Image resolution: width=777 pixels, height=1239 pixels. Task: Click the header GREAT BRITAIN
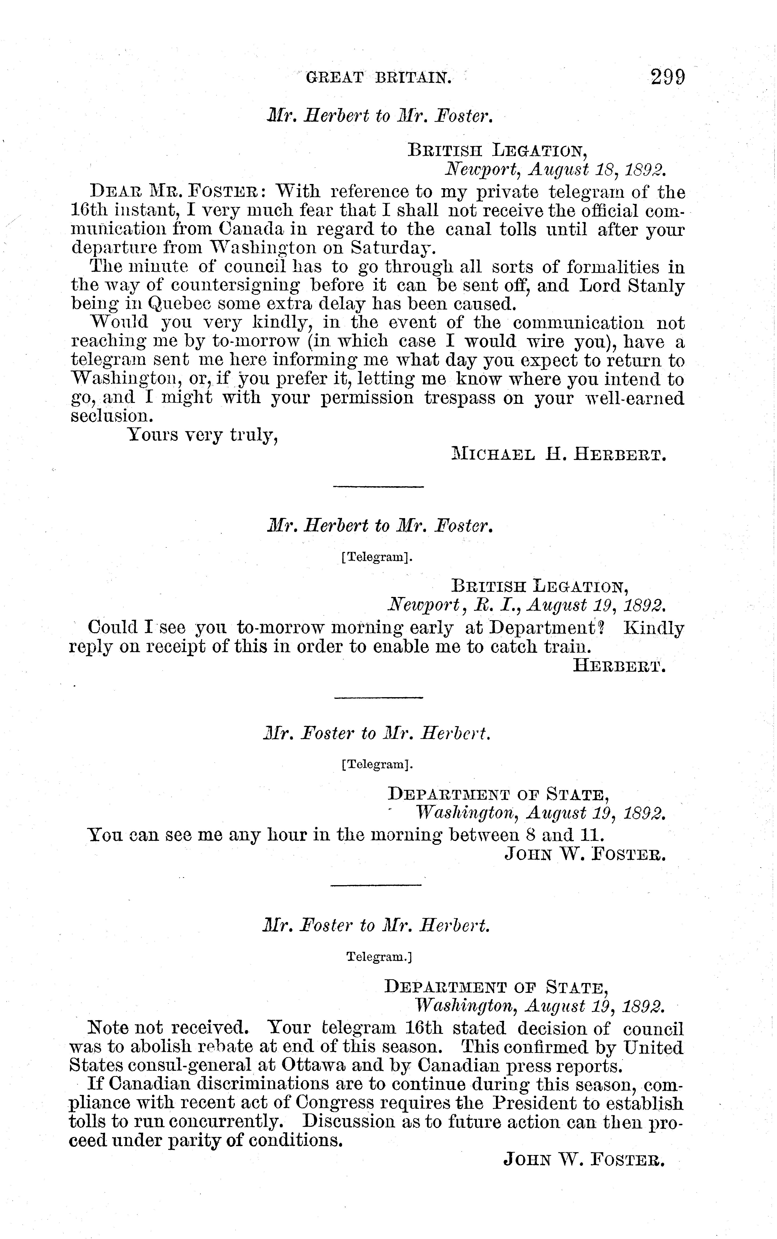[x=379, y=78]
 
